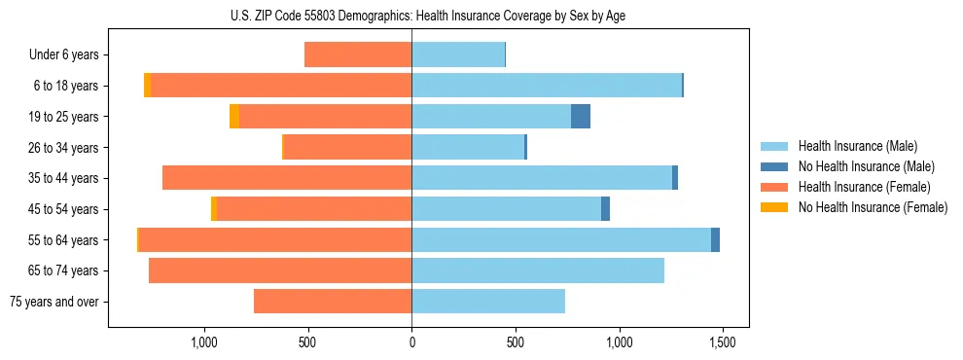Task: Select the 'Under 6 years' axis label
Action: (63, 55)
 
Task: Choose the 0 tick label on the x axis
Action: (411, 342)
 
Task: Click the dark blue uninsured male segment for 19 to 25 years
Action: (581, 117)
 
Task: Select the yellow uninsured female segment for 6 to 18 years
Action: (148, 86)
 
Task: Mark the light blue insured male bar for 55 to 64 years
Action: (561, 240)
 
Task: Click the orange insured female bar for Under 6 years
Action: (358, 55)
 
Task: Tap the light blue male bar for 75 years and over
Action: (488, 302)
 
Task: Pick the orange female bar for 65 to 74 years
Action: (280, 270)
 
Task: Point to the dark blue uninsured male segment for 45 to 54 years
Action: (605, 209)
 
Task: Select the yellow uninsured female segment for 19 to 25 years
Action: (234, 117)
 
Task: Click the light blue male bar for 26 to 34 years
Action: (468, 148)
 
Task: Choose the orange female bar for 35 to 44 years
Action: (287, 178)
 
